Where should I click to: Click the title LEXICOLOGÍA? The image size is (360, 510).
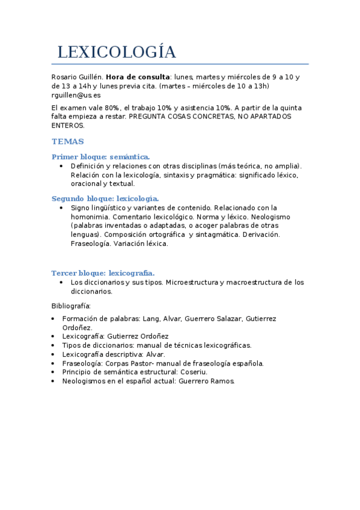coord(117,52)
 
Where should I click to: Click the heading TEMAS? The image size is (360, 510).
coord(68,141)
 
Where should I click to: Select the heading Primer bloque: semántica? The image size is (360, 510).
coord(100,156)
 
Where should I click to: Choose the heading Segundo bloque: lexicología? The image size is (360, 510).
coord(105,198)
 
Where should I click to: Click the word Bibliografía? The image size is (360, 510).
coord(71,306)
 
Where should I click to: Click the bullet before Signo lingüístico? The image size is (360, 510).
coord(62,207)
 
